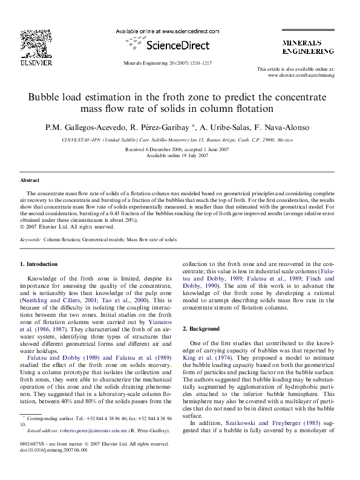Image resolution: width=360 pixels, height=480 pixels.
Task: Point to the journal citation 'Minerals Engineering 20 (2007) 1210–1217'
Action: coord(167,62)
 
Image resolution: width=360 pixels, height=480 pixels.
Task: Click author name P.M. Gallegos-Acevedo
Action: coord(88,127)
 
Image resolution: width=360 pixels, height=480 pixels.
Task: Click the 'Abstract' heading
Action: coord(30,181)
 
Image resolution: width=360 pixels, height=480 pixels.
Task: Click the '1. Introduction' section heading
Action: coord(39,264)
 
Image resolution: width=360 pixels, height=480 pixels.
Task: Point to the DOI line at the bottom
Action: coord(53,450)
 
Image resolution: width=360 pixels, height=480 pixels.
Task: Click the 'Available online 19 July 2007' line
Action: coord(177,155)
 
